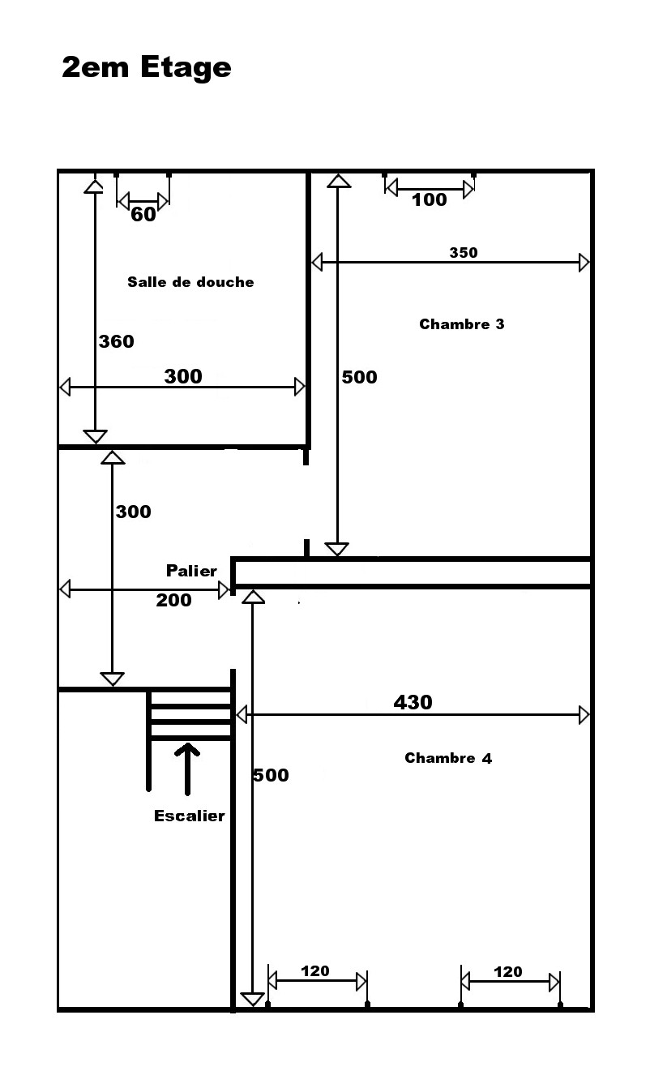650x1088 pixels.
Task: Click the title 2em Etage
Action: click(x=147, y=67)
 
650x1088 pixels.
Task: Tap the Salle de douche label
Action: click(x=190, y=282)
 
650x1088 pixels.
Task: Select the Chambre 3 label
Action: click(x=462, y=324)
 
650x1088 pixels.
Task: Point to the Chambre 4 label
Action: click(x=448, y=758)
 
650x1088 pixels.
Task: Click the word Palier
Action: click(x=191, y=571)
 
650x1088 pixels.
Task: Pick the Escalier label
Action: click(x=190, y=816)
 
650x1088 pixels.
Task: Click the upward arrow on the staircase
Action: click(x=187, y=769)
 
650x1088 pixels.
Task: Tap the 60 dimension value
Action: click(x=143, y=214)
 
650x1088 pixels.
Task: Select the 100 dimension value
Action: click(x=429, y=199)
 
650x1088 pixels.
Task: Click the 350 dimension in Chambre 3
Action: click(x=464, y=253)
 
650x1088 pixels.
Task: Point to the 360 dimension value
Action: click(x=117, y=341)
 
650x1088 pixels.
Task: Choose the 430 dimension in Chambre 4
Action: click(x=413, y=702)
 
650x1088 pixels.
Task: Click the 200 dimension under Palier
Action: click(x=173, y=600)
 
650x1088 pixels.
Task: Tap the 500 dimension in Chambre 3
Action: click(x=359, y=377)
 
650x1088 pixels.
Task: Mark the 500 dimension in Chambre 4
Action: click(x=271, y=775)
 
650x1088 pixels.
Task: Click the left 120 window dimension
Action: click(x=315, y=971)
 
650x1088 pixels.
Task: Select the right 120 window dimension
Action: click(x=508, y=971)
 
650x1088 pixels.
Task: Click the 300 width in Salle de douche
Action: click(x=183, y=376)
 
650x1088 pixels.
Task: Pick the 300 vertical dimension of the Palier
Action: click(x=134, y=512)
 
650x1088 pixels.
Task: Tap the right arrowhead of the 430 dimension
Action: click(x=584, y=715)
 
